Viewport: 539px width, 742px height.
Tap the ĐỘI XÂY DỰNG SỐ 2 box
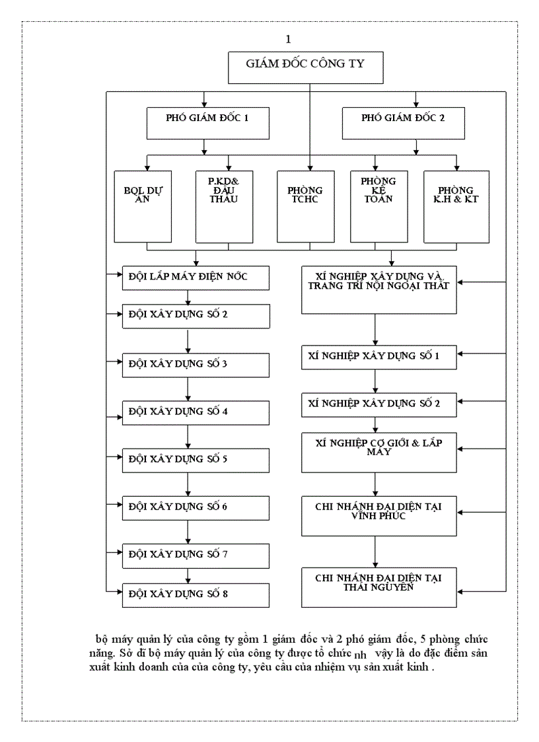pos(196,316)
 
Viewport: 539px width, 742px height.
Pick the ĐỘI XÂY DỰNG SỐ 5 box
pos(196,459)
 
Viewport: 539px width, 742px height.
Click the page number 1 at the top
pos(288,39)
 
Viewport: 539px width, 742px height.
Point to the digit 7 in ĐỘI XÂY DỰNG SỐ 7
pos(225,554)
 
